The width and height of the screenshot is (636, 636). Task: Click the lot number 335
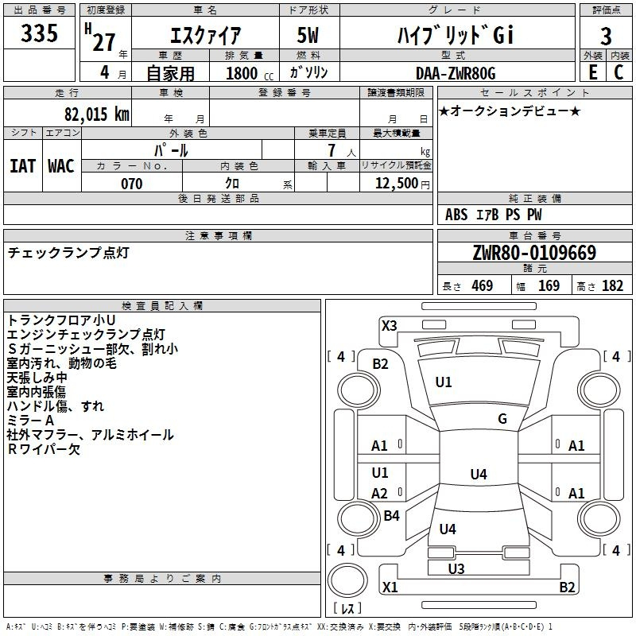click(39, 33)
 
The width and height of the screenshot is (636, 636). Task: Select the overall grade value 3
click(606, 36)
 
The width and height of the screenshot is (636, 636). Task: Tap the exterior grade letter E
click(592, 72)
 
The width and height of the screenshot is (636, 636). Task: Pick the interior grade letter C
click(619, 72)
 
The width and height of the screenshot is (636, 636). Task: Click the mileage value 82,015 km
click(96, 114)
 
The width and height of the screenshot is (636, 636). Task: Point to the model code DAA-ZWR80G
click(456, 73)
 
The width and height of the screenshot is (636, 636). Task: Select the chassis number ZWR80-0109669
click(534, 253)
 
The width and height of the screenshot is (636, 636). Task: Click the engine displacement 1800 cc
click(250, 73)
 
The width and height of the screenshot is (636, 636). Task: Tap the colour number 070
click(132, 184)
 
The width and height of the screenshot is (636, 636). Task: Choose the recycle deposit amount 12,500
click(396, 184)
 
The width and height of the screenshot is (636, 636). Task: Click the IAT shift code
click(22, 166)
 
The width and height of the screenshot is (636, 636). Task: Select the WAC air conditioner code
click(61, 166)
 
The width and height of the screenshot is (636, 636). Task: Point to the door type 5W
click(308, 35)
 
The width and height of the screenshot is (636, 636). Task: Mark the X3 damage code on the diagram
click(389, 326)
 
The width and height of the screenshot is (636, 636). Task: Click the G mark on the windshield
click(502, 418)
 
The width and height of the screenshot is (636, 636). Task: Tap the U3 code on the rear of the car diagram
click(456, 568)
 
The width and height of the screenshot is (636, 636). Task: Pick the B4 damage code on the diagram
click(391, 515)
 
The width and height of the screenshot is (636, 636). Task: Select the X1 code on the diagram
click(390, 587)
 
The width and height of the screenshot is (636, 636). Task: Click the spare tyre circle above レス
click(347, 580)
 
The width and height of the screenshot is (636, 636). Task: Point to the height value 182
click(612, 285)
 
